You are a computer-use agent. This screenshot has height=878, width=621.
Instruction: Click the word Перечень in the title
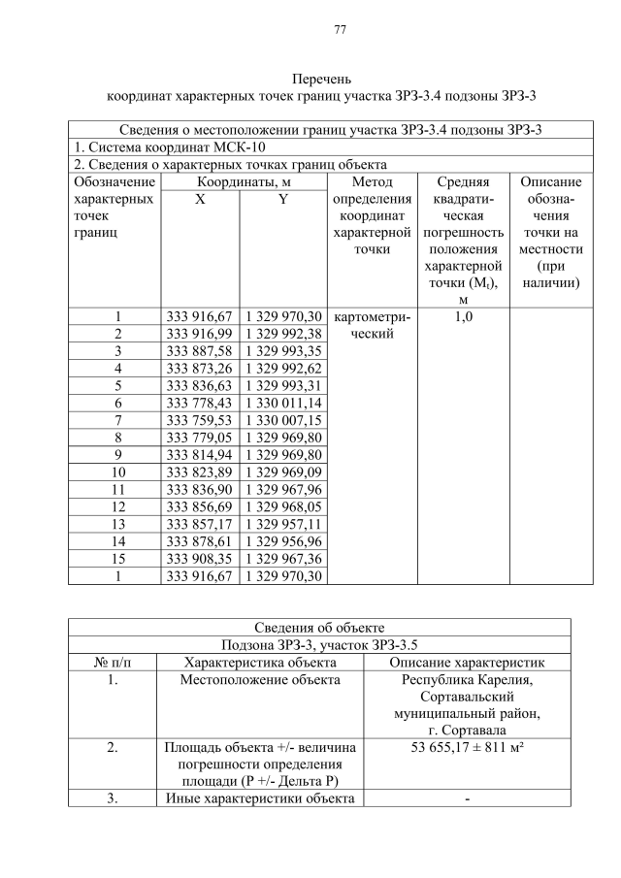(x=321, y=79)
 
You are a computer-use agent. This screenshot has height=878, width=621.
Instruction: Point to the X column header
(x=199, y=200)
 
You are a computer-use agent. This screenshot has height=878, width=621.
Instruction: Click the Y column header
(x=282, y=200)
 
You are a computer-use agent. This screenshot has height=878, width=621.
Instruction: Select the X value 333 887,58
(x=200, y=350)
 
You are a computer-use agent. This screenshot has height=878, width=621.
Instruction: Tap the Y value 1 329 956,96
(x=282, y=541)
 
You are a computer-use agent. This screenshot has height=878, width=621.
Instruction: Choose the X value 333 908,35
(x=200, y=559)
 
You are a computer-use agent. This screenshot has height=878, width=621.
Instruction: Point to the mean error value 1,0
(x=462, y=315)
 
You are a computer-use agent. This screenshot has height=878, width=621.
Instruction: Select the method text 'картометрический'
(x=372, y=324)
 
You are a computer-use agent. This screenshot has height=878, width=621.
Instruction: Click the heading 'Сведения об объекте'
(x=319, y=626)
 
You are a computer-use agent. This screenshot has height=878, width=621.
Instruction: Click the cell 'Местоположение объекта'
(x=260, y=679)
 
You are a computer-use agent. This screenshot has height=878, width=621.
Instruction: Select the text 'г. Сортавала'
(x=466, y=730)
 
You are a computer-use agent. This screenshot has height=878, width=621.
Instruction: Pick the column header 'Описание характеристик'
(x=466, y=662)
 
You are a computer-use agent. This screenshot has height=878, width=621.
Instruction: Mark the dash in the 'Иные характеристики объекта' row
(x=466, y=798)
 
